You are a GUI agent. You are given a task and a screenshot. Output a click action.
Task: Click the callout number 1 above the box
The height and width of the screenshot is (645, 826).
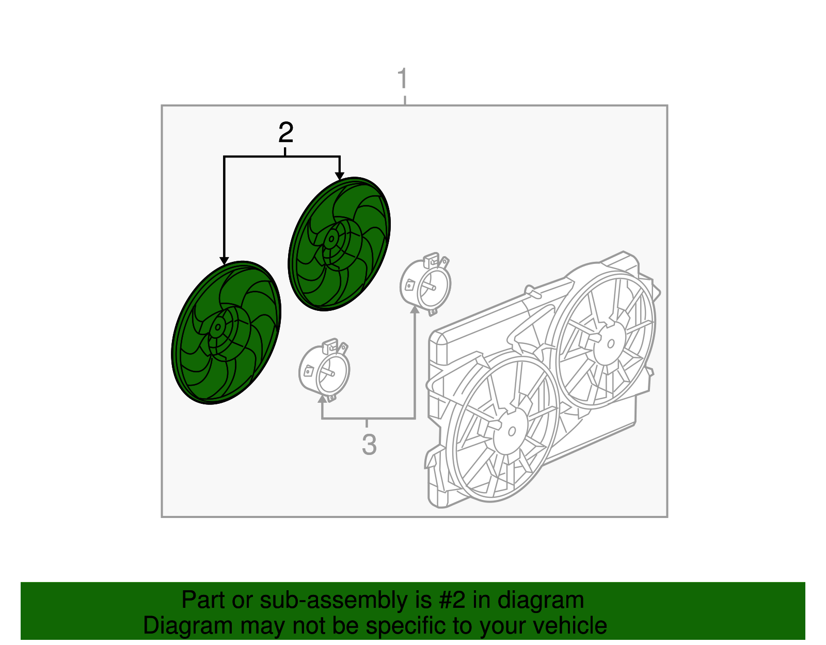tap(403, 78)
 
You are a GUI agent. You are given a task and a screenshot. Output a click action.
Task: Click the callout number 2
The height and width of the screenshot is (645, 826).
tap(286, 132)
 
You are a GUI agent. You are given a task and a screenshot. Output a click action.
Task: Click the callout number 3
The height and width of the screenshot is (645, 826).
tap(369, 444)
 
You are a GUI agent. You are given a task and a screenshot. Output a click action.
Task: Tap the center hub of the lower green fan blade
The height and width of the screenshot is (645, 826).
tap(218, 327)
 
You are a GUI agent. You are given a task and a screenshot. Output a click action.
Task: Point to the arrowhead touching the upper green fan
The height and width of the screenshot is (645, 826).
tap(340, 176)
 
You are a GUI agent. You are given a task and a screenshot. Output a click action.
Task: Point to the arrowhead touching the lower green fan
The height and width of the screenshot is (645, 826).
tap(224, 260)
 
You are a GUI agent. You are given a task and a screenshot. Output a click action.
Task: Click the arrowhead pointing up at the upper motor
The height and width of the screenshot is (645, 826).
tap(415, 310)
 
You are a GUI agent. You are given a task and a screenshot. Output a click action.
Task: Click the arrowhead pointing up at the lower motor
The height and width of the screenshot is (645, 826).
tap(322, 398)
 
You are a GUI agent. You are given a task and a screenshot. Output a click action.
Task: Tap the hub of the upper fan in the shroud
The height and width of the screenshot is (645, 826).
tap(610, 343)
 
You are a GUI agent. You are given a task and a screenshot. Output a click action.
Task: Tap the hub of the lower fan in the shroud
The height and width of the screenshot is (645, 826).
tap(511, 431)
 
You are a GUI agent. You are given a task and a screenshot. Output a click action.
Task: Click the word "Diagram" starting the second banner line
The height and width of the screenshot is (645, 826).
tap(188, 625)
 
